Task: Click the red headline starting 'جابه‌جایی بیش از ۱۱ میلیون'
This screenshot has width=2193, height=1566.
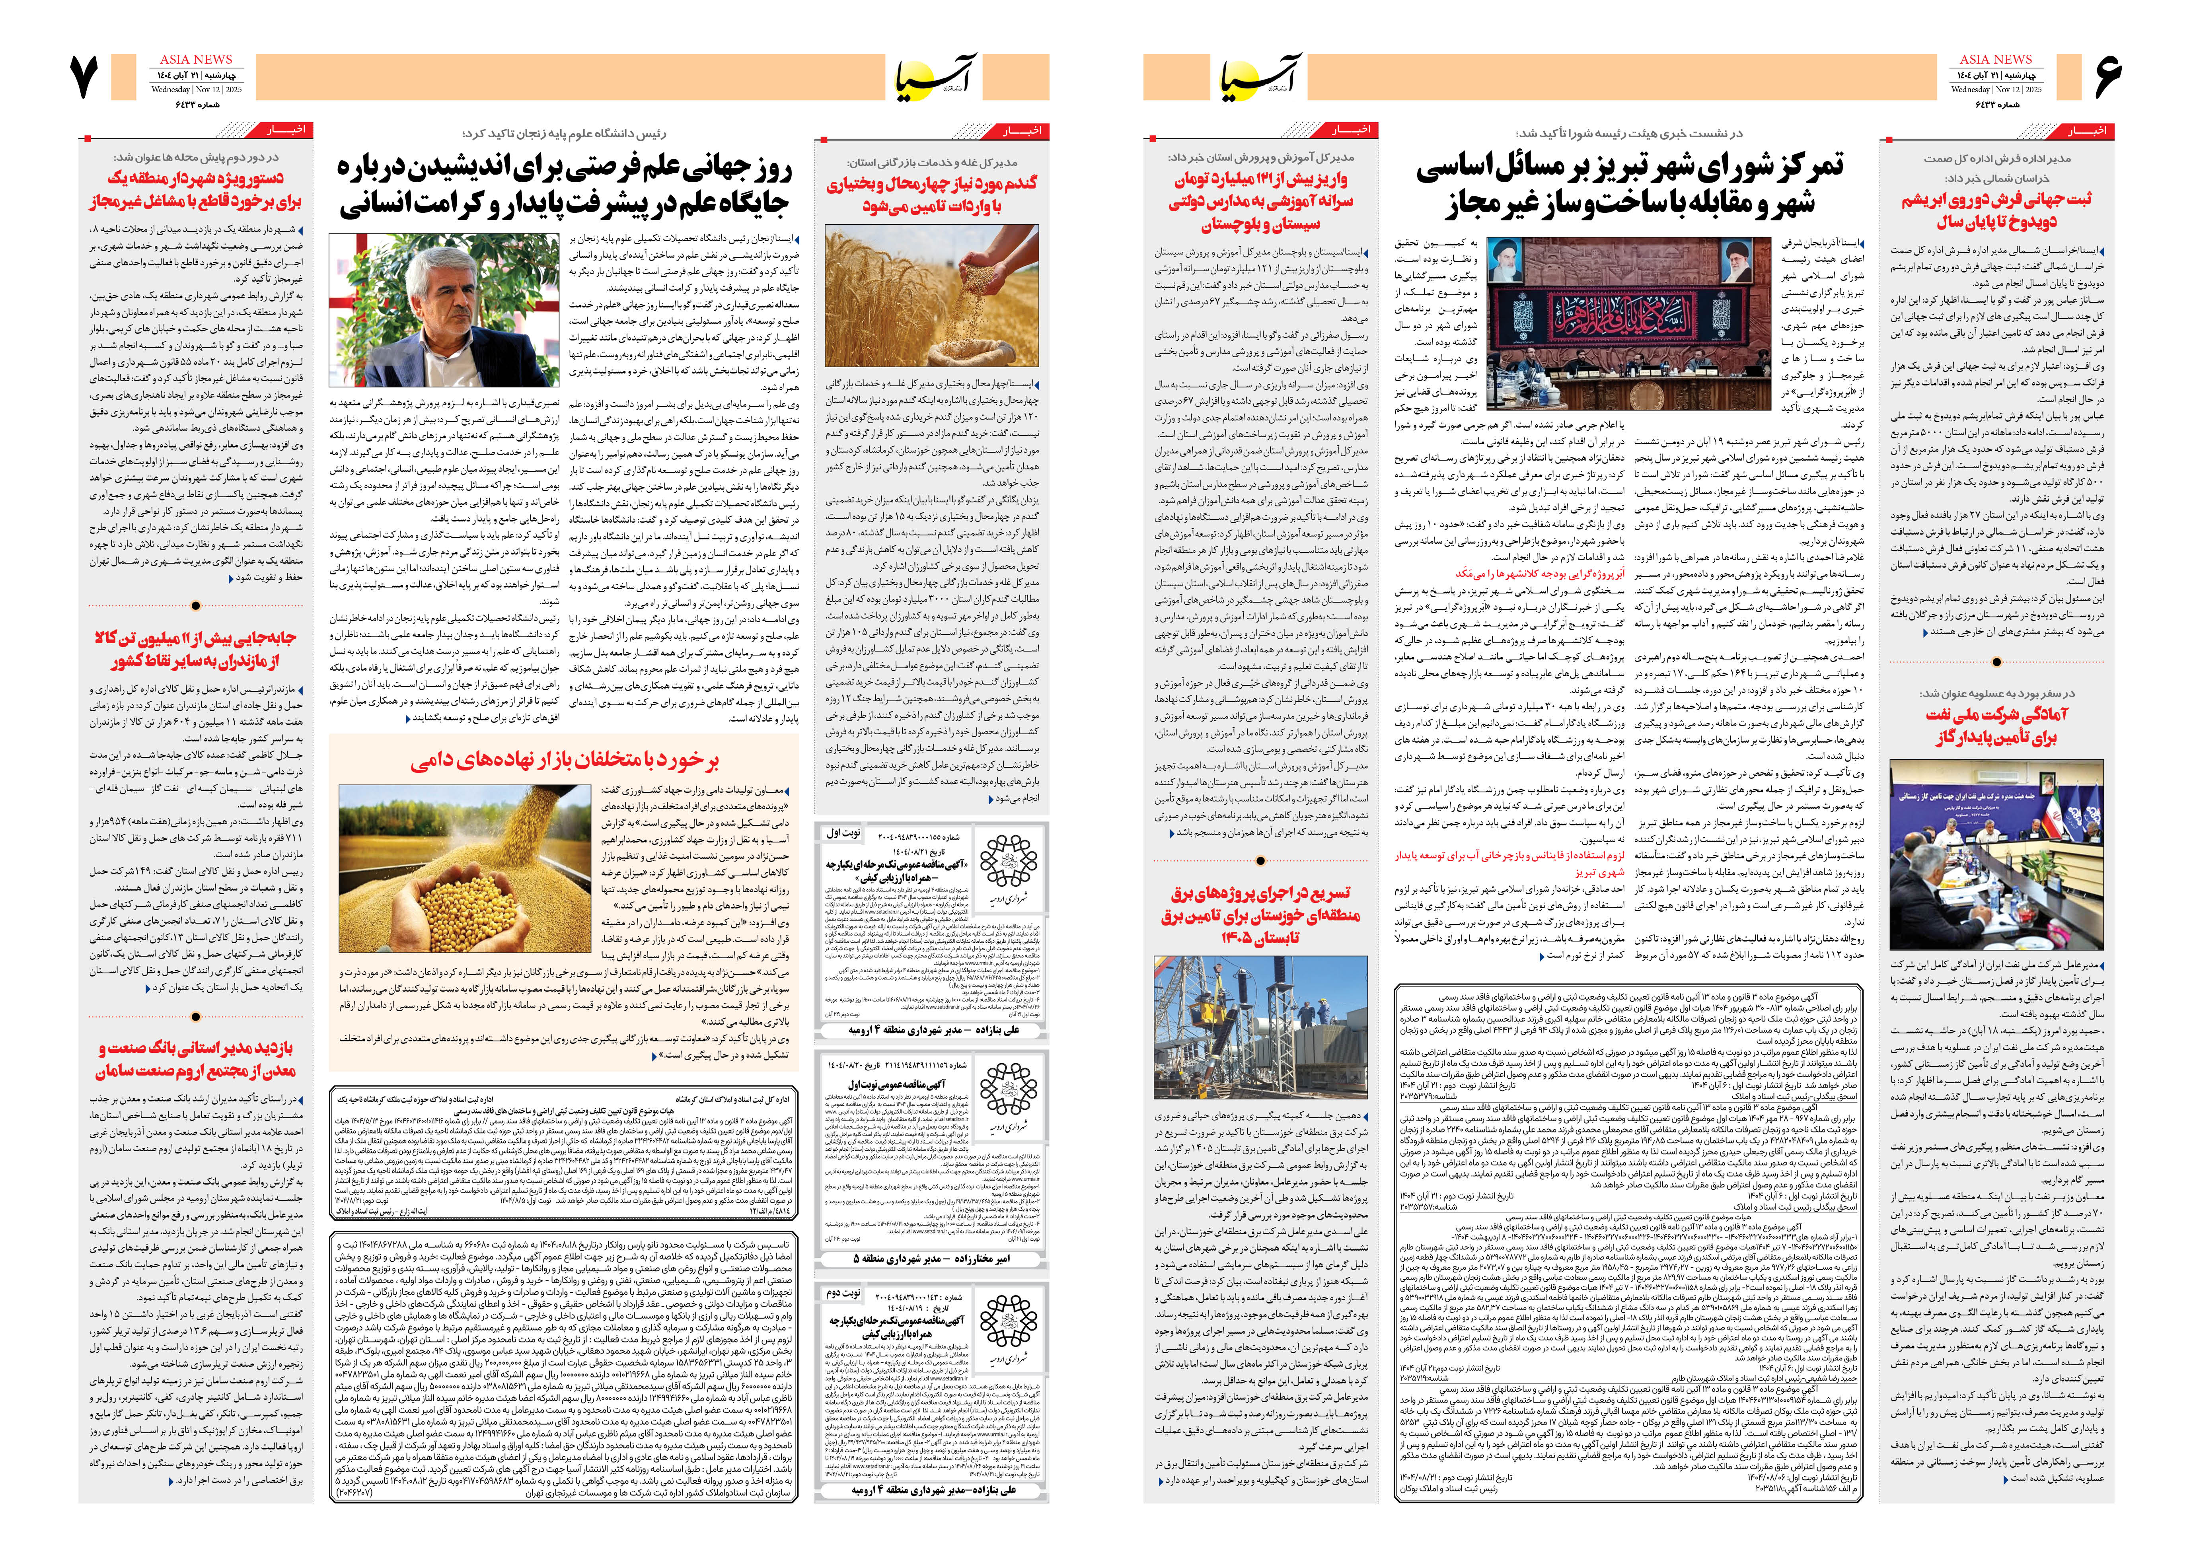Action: [x=197, y=649]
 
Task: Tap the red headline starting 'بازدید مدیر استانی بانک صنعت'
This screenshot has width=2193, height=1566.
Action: [x=197, y=1059]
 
